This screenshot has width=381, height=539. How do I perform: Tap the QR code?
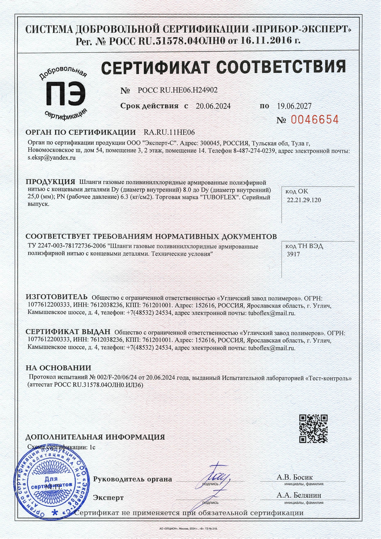tap(313, 428)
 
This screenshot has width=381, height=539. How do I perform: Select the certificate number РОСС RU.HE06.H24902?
tap(178, 90)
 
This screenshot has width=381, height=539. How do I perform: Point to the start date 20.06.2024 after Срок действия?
tap(213, 106)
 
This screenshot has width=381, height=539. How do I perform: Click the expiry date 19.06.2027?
tap(294, 106)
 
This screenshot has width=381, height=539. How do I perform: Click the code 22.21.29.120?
tap(304, 200)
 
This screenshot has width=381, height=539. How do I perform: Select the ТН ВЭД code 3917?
tap(293, 254)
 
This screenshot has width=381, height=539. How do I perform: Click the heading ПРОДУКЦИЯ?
tap(50, 182)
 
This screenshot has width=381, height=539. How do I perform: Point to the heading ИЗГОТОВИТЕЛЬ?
tap(57, 297)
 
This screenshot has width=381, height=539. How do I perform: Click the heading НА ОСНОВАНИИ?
tap(58, 368)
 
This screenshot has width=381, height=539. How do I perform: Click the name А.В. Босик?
tap(295, 477)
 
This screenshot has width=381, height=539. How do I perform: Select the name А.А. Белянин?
tap(299, 495)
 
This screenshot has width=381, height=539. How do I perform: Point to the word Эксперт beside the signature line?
tap(108, 498)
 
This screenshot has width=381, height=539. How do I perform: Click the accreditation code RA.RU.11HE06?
tap(169, 132)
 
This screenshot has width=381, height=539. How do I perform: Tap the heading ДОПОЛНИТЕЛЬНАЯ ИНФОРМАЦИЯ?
tap(95, 437)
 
